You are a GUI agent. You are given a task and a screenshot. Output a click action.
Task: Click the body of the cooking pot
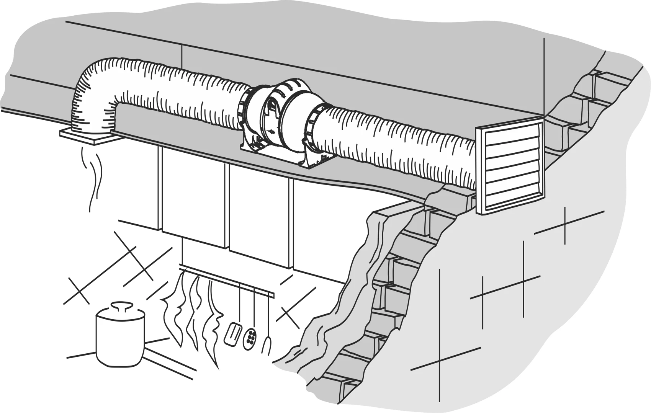[x=119, y=341]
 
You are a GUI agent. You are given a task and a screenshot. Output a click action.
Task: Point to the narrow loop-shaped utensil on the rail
[x=266, y=345]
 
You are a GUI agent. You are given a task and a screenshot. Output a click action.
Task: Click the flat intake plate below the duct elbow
[x=86, y=136]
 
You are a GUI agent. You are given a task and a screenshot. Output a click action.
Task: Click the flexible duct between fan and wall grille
[x=394, y=145]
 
